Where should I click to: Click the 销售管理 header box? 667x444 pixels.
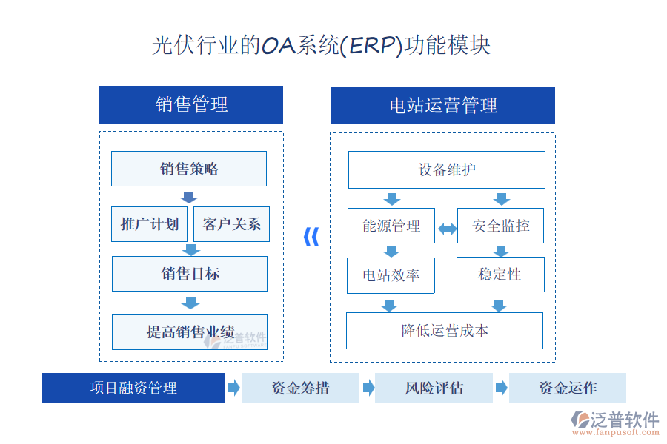pos(191,104)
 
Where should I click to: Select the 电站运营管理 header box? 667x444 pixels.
pos(442,105)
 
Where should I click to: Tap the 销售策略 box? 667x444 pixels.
pos(189,169)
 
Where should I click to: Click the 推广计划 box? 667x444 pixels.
pos(150,224)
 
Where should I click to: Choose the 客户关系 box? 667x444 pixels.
pos(231,224)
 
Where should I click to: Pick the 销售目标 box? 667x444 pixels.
pos(190,274)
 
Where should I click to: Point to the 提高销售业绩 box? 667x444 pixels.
pos(190,332)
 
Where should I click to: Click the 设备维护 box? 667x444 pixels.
pos(446,169)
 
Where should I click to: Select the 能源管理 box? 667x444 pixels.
pos(391,226)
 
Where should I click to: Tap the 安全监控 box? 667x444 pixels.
pos(501,226)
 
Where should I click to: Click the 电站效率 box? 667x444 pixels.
pos(391,275)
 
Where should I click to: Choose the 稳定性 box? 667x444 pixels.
pos(500,275)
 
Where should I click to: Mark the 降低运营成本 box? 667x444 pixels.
pos(445,330)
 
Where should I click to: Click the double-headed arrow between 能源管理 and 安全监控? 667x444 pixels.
pos(448,229)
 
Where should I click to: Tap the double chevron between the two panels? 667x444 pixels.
pos(312,237)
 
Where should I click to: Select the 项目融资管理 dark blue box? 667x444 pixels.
pos(133,388)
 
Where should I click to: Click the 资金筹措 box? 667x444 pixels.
pos(300,388)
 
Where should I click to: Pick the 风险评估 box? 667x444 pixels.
pos(434,388)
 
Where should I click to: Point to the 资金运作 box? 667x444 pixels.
pos(568,388)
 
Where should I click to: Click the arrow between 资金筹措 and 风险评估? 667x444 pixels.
pos(368,388)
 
